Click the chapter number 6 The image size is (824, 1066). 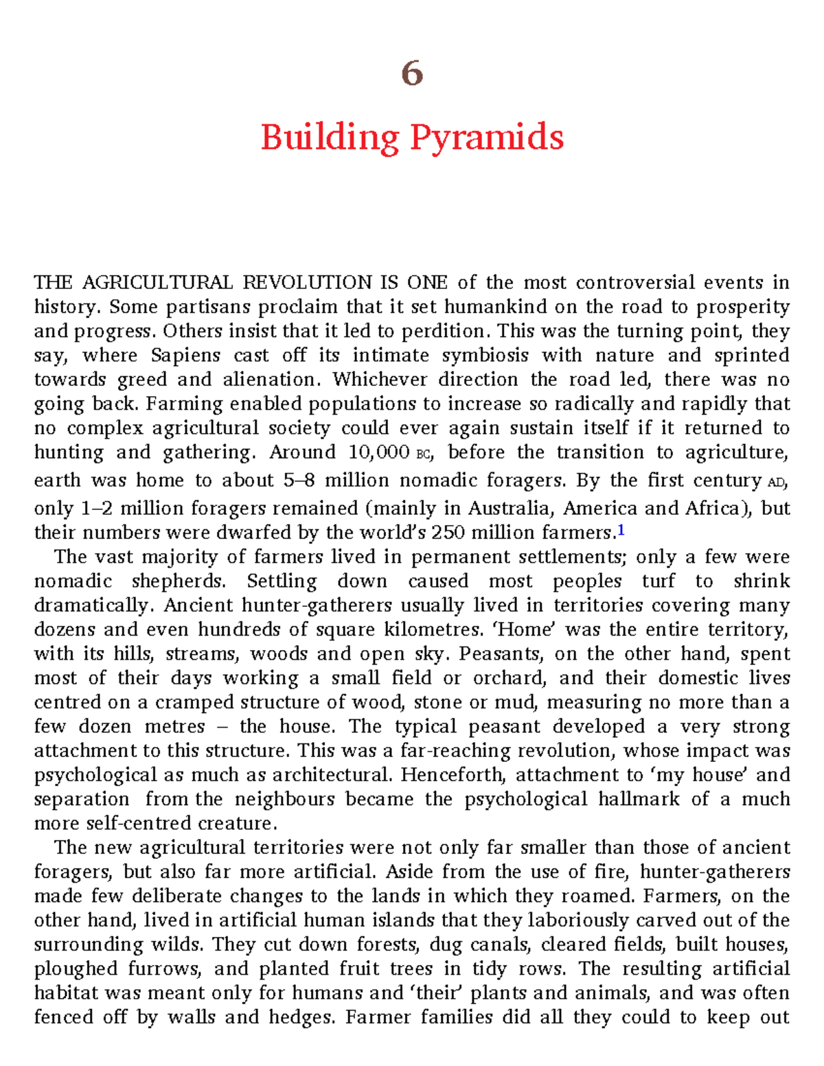(412, 73)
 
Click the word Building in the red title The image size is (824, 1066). (330, 137)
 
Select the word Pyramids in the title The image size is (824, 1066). (487, 137)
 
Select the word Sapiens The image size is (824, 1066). (185, 356)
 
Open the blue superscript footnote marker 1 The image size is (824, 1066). (621, 531)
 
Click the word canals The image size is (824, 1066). (499, 945)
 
